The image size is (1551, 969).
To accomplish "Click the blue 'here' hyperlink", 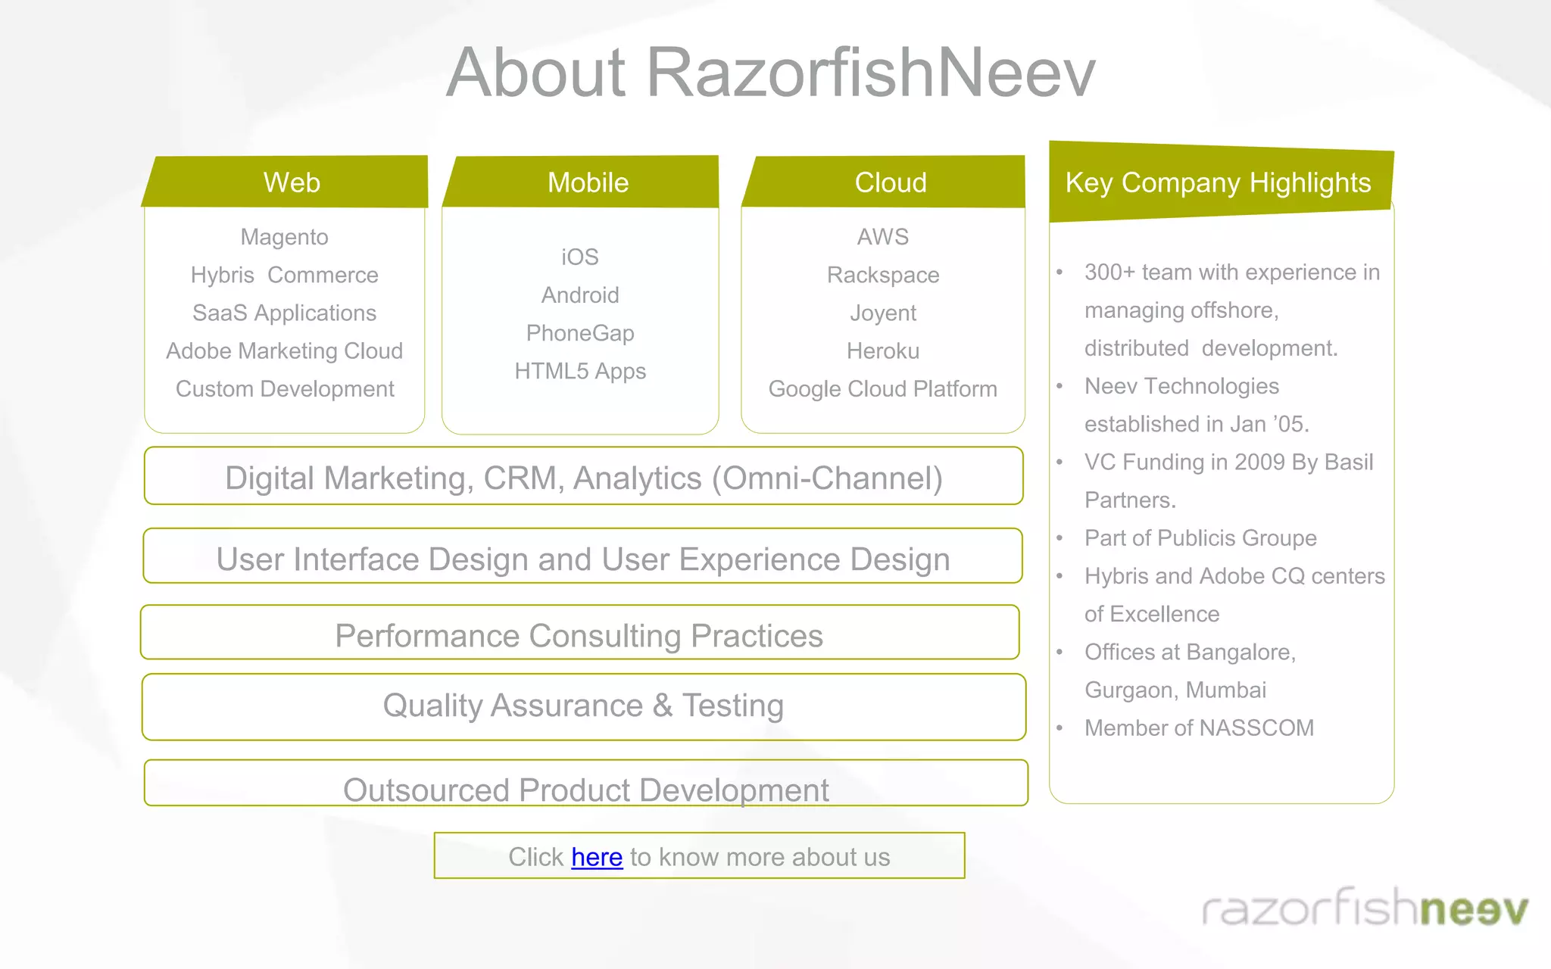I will [597, 857].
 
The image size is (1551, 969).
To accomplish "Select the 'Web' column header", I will [292, 182].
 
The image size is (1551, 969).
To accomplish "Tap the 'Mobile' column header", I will [588, 182].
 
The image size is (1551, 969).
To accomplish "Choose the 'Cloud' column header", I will [891, 182].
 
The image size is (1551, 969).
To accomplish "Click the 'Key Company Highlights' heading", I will [1218, 182].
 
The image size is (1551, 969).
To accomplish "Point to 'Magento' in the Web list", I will [284, 237].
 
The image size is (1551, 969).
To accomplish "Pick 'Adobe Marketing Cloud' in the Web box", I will [284, 351].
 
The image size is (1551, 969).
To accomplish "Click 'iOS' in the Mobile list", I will [580, 257].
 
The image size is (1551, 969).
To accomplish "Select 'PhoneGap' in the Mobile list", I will [580, 333].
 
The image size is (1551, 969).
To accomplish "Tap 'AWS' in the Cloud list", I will [883, 237].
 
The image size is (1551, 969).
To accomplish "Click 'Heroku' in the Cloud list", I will [883, 351].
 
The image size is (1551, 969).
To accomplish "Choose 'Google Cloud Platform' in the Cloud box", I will [883, 389].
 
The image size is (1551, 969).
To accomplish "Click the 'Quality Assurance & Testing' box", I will [583, 706].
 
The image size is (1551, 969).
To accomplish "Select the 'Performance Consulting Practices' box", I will [579, 634].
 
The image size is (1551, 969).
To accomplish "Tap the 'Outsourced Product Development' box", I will [585, 787].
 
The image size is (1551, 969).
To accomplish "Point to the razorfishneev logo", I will [1365, 907].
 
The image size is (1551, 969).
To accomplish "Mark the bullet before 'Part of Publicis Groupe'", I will [1060, 538].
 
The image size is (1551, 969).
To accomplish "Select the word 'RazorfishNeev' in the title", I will [870, 73].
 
